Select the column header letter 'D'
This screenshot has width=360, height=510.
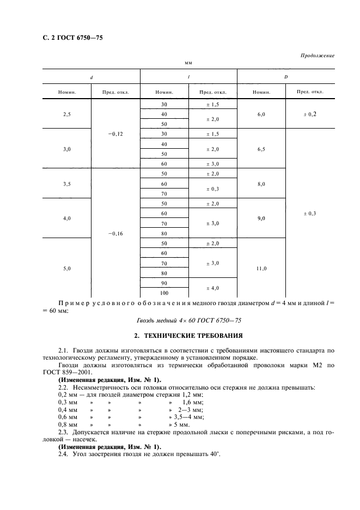(x=286, y=77)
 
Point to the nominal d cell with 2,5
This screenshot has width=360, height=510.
(x=67, y=113)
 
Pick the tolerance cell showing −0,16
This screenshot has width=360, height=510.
(x=115, y=233)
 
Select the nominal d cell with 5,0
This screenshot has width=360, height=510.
(x=67, y=268)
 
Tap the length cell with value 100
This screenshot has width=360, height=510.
(x=164, y=293)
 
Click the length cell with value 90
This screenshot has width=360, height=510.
(x=164, y=283)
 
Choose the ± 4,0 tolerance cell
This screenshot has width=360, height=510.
(x=212, y=288)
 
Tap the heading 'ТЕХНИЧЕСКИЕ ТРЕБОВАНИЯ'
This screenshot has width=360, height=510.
(x=187, y=335)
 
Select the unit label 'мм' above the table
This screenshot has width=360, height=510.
(x=188, y=64)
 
